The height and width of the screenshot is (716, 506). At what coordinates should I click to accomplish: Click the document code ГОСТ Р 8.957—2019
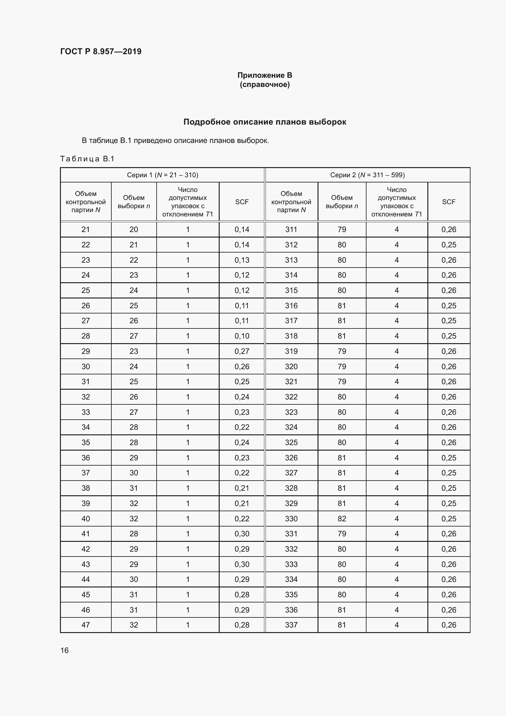click(x=101, y=51)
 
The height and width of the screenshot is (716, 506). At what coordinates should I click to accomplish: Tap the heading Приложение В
click(x=265, y=75)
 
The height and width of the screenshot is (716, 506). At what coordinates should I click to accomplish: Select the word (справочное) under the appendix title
click(x=265, y=84)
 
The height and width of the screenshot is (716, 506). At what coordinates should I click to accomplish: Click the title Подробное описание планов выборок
click(x=265, y=122)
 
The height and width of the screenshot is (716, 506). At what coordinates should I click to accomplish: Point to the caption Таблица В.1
click(x=87, y=159)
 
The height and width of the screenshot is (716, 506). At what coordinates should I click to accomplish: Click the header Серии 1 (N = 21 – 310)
click(x=162, y=175)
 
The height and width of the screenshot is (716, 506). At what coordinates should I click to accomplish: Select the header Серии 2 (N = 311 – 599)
click(x=367, y=175)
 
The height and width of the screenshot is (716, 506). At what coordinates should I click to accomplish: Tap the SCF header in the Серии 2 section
click(x=448, y=202)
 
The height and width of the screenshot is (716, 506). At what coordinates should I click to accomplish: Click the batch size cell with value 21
click(x=86, y=230)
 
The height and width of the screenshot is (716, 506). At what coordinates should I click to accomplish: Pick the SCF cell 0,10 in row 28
click(x=242, y=336)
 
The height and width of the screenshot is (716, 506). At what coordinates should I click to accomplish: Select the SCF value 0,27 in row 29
click(x=242, y=351)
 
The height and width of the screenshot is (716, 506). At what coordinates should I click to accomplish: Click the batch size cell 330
click(x=291, y=519)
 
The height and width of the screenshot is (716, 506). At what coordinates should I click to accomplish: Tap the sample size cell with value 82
click(x=342, y=519)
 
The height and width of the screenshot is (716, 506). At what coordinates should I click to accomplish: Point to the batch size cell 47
click(x=86, y=625)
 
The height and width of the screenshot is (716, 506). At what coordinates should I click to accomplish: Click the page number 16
click(x=65, y=650)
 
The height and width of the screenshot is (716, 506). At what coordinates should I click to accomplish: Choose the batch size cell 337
click(x=291, y=625)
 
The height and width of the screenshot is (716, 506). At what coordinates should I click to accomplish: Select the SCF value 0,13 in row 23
click(x=242, y=260)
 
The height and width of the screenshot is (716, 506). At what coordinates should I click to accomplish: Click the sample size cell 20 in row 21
click(x=134, y=230)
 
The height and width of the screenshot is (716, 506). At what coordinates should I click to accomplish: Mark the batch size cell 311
click(x=291, y=230)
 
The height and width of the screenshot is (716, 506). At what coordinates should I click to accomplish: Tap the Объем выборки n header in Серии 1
click(x=134, y=202)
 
